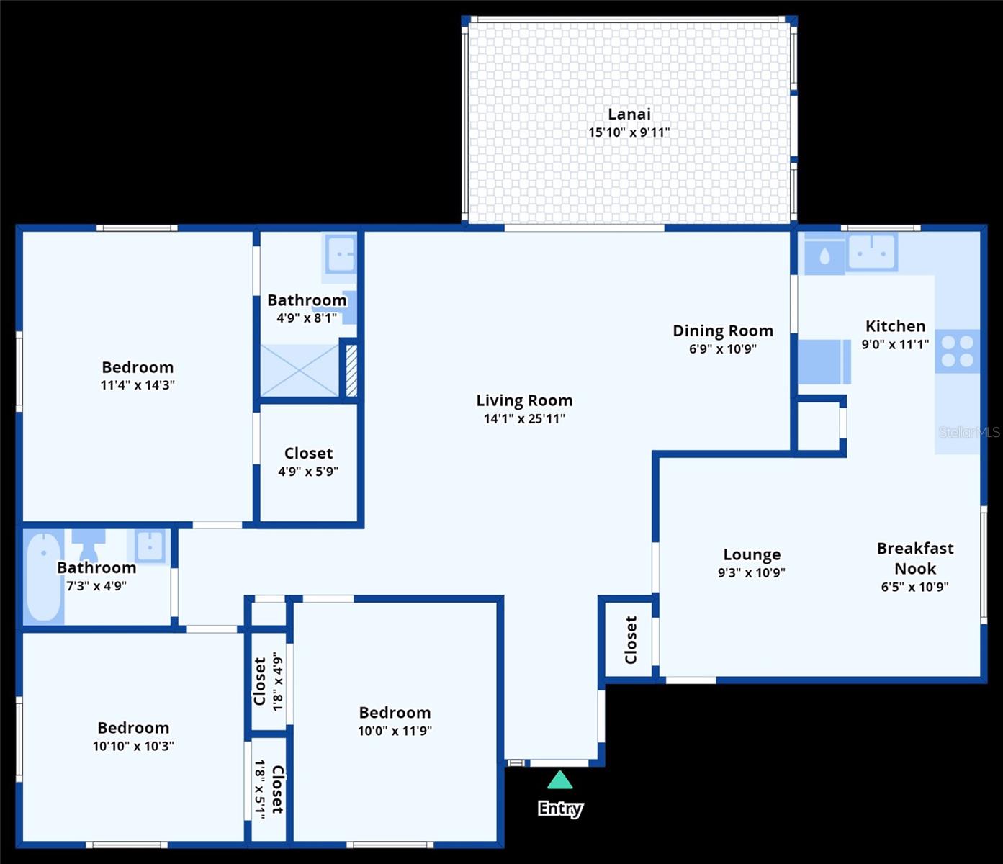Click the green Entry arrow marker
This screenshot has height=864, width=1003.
559,780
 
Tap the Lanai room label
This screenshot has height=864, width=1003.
629,114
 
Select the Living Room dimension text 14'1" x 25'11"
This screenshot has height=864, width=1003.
524,419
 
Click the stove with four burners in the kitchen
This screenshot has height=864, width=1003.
957,351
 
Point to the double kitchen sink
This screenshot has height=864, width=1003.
871,252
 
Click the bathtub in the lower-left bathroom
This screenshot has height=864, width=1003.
43,576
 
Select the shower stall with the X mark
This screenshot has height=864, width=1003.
299,370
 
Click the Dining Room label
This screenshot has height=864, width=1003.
722,330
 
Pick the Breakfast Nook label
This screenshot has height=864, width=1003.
914,558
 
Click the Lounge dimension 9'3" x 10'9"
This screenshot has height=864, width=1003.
751,573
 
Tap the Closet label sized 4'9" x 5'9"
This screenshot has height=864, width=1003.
308,453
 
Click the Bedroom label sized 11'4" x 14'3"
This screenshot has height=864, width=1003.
138,367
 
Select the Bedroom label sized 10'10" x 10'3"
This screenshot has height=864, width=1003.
133,728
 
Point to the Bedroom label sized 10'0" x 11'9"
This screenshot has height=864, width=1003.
395,712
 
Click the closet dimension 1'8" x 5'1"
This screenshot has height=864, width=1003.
260,788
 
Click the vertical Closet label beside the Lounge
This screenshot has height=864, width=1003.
631,639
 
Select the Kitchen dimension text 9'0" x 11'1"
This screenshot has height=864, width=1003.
895,345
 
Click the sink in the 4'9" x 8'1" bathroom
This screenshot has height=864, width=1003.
340,253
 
